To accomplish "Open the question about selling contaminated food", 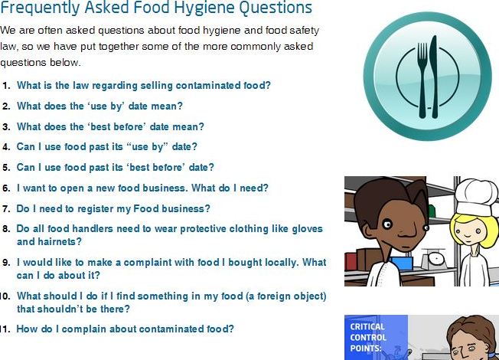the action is [x=144, y=85].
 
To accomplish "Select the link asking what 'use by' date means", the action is [x=99, y=106].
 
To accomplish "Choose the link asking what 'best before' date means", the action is [x=110, y=127].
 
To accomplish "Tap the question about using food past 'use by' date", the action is [x=107, y=147].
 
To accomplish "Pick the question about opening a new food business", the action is [x=142, y=188].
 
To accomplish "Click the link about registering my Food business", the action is [x=113, y=208].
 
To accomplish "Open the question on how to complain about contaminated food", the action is [x=125, y=329].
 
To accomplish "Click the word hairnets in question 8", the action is [x=60, y=242].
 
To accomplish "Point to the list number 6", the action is [x=6, y=188].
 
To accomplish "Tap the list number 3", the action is [x=6, y=127].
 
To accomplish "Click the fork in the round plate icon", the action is [x=422, y=80].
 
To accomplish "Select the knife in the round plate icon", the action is [x=434, y=77].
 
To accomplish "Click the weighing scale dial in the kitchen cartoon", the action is [x=435, y=260].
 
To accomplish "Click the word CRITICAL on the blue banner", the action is [x=367, y=327].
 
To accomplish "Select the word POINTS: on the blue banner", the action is [x=366, y=349].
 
